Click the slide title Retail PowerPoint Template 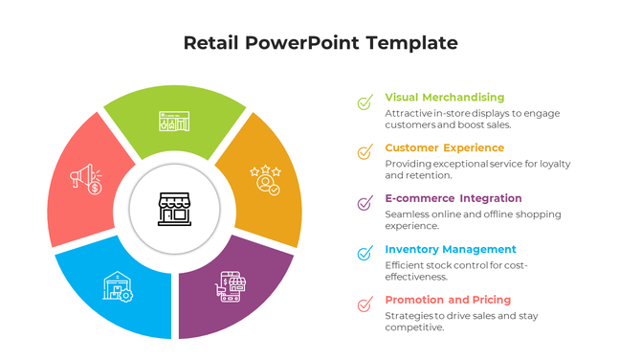[320, 43]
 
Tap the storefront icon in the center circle [174, 208]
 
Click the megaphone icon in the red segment [86, 179]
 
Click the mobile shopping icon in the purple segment [232, 286]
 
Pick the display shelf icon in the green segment [174, 122]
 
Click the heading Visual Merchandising [444, 98]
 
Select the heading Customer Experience [444, 148]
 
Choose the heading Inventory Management [450, 250]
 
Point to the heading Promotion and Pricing [448, 301]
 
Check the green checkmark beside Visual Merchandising [365, 101]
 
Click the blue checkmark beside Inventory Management [365, 254]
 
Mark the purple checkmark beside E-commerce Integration [365, 203]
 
